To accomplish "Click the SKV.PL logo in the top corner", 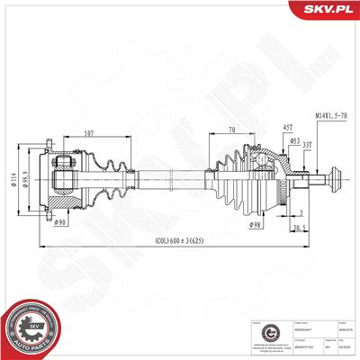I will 328,10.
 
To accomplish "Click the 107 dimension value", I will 87,136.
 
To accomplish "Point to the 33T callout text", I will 308,145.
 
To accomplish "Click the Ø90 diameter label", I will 61,221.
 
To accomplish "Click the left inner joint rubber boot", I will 107,179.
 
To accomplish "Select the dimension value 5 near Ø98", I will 298,213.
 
